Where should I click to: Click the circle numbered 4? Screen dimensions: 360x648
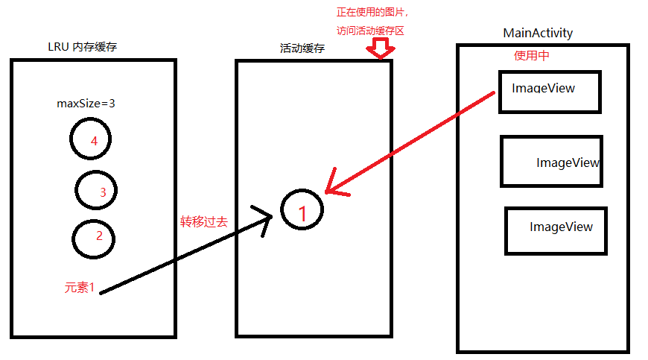[x=90, y=139]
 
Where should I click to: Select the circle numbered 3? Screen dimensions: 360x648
[x=96, y=190]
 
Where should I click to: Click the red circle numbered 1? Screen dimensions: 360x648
[x=302, y=212]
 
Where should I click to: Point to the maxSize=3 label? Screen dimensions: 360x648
[x=86, y=103]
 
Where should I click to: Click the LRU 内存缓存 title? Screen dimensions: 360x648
[x=82, y=47]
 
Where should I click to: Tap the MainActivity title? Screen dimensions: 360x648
[x=538, y=33]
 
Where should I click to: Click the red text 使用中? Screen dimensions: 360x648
[x=532, y=55]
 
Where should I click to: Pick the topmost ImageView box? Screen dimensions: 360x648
[x=549, y=92]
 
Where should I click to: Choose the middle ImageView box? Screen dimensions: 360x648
[x=551, y=161]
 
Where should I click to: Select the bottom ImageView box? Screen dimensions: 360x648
[x=556, y=231]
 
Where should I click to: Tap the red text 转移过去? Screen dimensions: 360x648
[x=203, y=221]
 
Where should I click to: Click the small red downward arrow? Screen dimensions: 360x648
[x=381, y=49]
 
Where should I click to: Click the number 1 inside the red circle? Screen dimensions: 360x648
[x=302, y=212]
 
